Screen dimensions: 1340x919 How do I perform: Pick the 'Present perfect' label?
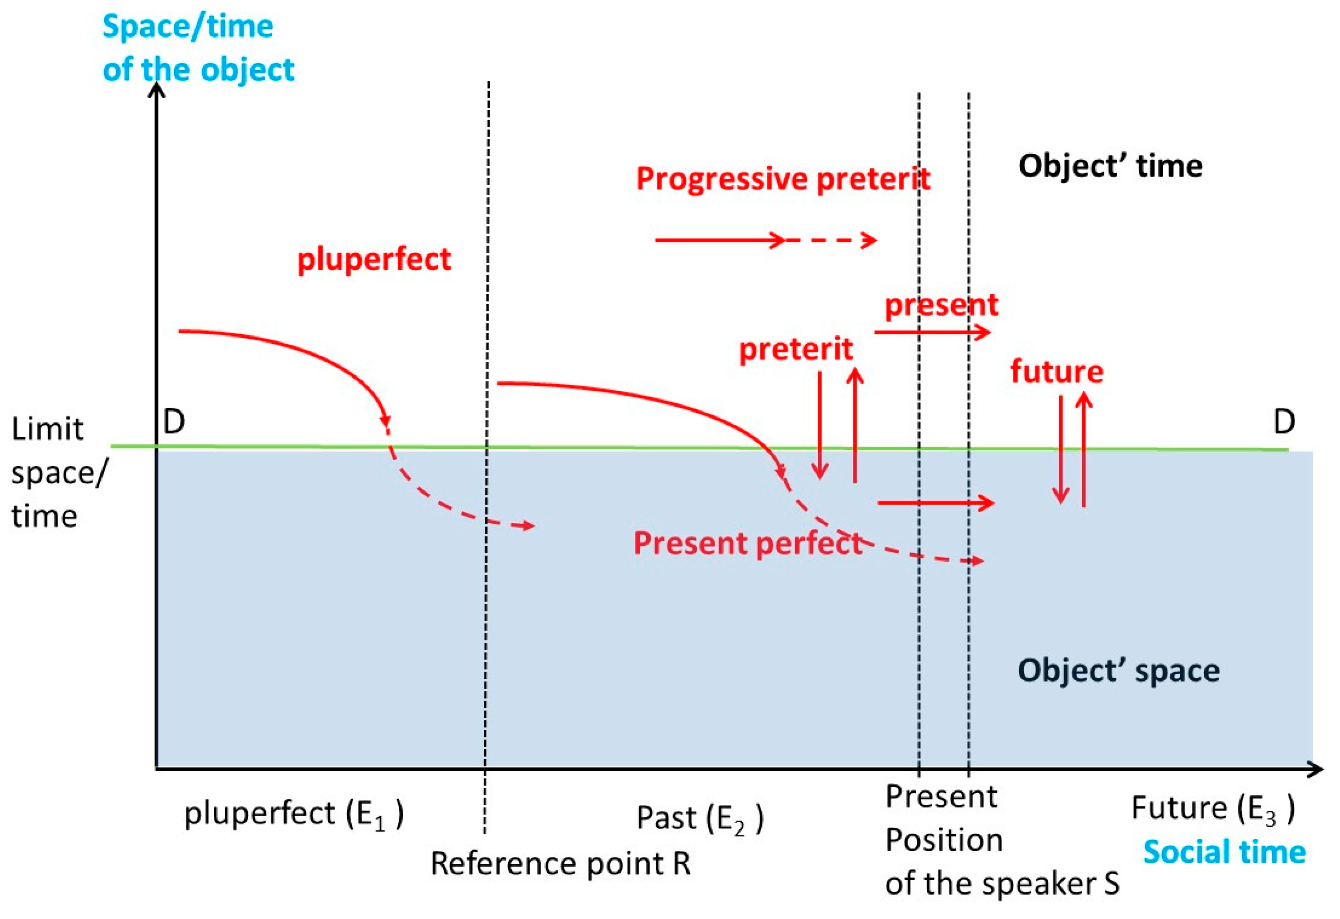747,543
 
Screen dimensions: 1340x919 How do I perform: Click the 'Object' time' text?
1110,166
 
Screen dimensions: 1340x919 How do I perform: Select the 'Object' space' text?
1118,671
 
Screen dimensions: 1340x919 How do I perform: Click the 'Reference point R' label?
560,863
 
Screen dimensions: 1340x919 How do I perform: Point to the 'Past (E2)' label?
699,819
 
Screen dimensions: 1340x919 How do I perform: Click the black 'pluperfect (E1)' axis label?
293,814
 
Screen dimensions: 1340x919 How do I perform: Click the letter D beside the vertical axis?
174,422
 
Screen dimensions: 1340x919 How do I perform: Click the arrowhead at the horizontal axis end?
1314,768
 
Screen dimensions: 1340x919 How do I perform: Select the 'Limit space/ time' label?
57,471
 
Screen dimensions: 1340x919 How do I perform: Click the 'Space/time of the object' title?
198,48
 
